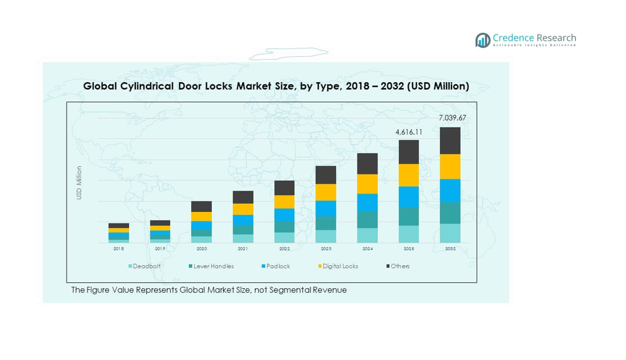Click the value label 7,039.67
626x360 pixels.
click(453, 118)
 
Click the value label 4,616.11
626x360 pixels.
click(409, 132)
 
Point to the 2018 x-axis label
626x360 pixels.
click(119, 249)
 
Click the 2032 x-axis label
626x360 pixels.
click(450, 249)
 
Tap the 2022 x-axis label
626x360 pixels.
click(285, 249)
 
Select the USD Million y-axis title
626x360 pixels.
click(79, 183)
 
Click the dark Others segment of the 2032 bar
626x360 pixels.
click(450, 141)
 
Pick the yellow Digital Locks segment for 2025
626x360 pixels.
click(409, 175)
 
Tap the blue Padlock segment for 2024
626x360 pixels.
click(367, 203)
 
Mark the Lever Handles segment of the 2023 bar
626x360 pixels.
click(326, 223)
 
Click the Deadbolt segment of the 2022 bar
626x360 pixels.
click(285, 238)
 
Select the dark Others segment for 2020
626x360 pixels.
click(201, 207)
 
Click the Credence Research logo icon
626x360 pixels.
click(483, 40)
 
